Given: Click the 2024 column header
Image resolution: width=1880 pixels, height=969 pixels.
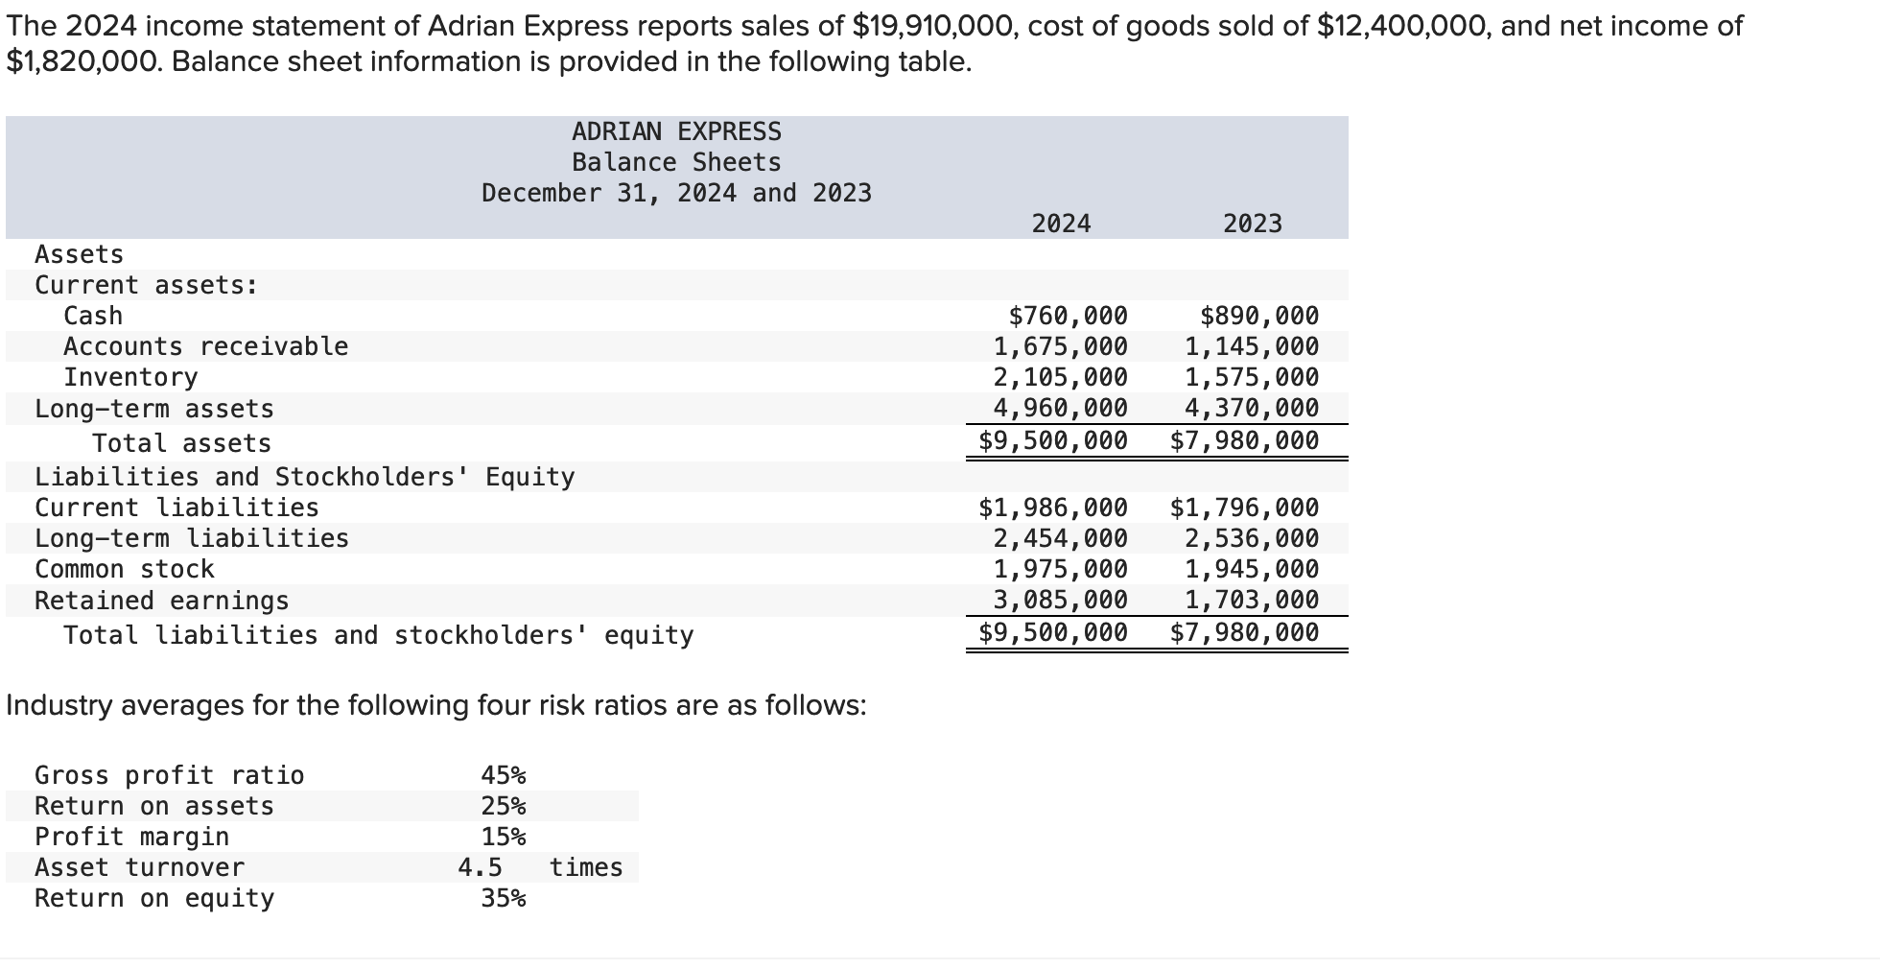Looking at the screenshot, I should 1061,224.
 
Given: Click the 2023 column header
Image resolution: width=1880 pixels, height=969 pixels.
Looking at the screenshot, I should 1252,224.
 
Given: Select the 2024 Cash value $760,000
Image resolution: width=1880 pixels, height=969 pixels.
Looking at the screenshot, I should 1068,316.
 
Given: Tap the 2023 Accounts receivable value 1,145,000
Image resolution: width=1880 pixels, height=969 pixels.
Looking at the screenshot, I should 1251,346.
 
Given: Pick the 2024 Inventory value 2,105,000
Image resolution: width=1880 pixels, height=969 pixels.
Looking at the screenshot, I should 1060,377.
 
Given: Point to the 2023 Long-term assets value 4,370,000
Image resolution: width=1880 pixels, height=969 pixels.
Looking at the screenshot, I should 1251,408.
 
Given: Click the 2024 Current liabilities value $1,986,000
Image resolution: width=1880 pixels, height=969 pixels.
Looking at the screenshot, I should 1052,508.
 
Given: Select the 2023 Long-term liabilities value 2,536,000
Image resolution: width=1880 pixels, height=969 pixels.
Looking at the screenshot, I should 1251,538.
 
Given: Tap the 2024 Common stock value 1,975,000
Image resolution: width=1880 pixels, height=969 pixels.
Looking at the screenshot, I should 1060,569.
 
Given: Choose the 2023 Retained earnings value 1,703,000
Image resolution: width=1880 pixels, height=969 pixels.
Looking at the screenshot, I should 1251,600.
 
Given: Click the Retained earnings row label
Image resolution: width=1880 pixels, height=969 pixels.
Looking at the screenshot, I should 161,601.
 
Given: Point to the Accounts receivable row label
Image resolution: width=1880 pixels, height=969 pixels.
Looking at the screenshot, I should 205,346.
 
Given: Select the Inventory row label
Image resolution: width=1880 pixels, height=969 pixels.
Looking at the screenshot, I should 130,377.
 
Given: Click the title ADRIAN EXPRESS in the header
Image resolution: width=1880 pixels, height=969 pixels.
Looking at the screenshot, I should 676,131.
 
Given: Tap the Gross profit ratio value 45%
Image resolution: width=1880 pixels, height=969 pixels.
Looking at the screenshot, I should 504,775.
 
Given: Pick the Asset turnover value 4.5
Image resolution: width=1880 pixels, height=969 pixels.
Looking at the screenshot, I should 480,867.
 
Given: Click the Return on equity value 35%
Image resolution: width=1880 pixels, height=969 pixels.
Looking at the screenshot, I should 504,898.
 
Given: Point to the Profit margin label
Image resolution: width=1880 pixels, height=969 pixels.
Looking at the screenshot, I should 131,837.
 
